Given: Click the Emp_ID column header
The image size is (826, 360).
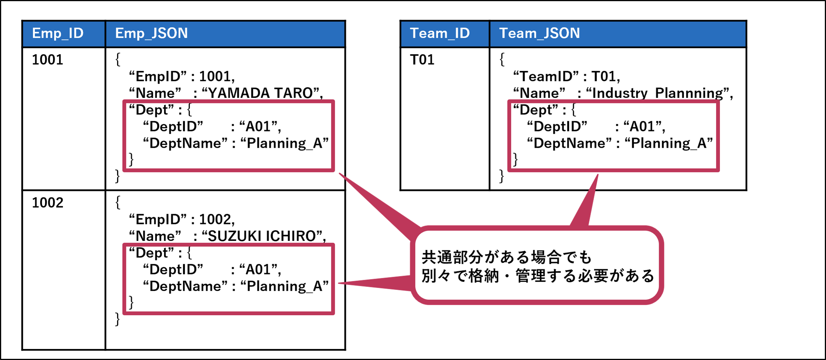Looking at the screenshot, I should (x=58, y=33).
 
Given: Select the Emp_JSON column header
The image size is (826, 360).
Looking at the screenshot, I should (x=151, y=33).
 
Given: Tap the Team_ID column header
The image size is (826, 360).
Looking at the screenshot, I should (x=439, y=33).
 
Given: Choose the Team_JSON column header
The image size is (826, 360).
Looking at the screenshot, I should (x=539, y=33).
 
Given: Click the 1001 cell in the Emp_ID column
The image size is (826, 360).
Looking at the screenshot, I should (x=47, y=60).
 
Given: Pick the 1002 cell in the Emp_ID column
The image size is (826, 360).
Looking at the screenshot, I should (x=47, y=203).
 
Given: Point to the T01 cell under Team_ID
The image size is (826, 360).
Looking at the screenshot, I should (x=422, y=60).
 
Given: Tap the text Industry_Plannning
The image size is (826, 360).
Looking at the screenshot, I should (x=657, y=93).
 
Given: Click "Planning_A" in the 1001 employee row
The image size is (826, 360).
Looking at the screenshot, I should (x=284, y=143).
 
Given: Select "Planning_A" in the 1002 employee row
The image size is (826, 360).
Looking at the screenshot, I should (x=284, y=286).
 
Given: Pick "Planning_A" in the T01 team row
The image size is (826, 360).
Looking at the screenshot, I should (x=668, y=143).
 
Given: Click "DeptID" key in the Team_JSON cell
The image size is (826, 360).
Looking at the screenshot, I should (x=557, y=127).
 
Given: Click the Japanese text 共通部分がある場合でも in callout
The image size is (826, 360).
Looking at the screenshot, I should (x=506, y=257).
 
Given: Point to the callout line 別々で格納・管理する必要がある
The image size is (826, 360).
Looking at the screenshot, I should (x=538, y=276).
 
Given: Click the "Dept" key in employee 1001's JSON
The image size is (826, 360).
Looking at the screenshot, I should (x=152, y=110).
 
